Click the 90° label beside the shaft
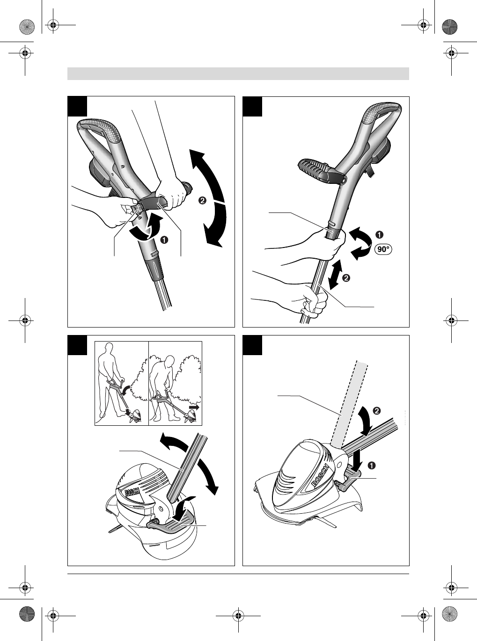383,249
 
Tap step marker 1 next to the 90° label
379,235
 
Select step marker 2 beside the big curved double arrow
203,200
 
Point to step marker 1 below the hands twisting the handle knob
165,240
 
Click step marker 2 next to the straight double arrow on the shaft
346,278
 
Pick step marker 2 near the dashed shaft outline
377,411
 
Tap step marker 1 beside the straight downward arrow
372,466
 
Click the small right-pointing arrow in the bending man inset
193,407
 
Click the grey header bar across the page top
238,73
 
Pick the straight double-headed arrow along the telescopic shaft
336,274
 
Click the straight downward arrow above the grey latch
358,459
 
